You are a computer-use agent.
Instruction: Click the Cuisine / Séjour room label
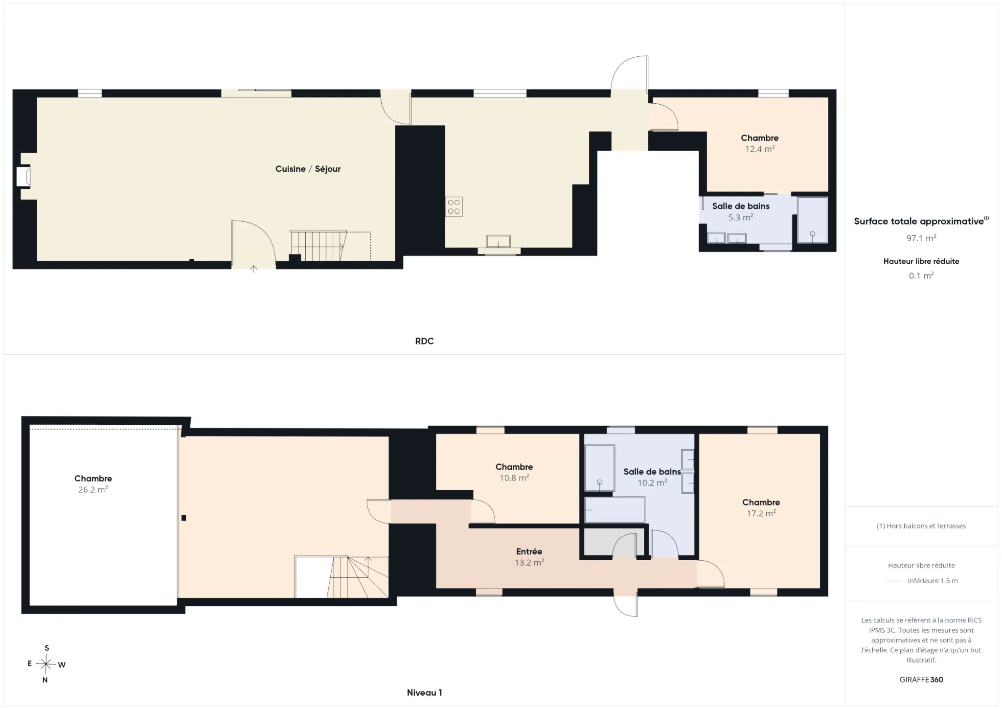pos(308,169)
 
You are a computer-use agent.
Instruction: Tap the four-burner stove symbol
pos(454,207)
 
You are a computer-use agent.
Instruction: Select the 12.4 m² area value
pos(759,149)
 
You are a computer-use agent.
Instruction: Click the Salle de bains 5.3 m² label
pos(741,211)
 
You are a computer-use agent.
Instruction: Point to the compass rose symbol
pos(46,664)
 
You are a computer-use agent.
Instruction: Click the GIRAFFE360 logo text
pos(921,680)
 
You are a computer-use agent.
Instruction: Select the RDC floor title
pos(424,341)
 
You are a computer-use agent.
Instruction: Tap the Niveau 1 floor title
pos(424,692)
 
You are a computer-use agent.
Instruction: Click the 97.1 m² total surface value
pos(921,238)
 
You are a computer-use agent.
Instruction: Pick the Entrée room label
pos(529,551)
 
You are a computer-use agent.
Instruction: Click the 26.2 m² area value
pos(93,489)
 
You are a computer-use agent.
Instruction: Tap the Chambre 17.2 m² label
pos(761,507)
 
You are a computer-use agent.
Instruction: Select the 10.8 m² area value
pos(514,478)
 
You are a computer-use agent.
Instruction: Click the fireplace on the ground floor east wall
pos(23,177)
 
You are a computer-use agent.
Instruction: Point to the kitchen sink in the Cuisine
pos(498,241)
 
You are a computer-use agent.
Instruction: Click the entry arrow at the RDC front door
pos(253,268)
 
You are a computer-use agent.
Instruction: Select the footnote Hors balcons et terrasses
pos(921,526)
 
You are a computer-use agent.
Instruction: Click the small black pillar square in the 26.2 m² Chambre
pos(183,518)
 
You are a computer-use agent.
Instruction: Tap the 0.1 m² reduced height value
pos(921,275)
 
